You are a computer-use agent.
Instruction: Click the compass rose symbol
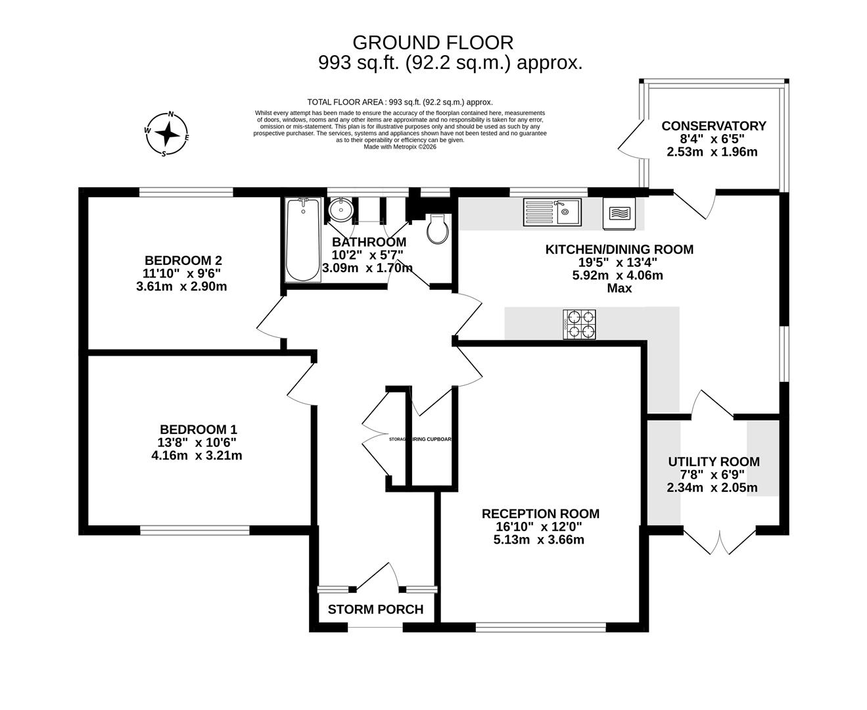[167, 133]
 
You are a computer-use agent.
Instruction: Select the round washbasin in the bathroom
[341, 210]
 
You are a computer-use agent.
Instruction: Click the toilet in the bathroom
[437, 229]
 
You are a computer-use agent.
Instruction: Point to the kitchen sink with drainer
[551, 212]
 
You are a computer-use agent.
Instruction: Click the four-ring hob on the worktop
[579, 325]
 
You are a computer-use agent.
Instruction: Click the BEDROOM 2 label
[179, 260]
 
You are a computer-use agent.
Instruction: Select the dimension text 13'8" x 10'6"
[197, 442]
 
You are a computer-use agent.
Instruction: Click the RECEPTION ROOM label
[540, 513]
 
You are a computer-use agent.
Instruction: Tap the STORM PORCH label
[375, 609]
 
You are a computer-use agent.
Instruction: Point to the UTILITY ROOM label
[713, 461]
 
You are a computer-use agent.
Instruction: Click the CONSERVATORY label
[713, 126]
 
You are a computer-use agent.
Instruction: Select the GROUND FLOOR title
[433, 43]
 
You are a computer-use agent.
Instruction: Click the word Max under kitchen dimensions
[619, 288]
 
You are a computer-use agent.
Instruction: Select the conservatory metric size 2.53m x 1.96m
[712, 152]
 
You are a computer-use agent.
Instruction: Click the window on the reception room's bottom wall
[540, 628]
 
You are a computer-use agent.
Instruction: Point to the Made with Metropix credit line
[400, 147]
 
